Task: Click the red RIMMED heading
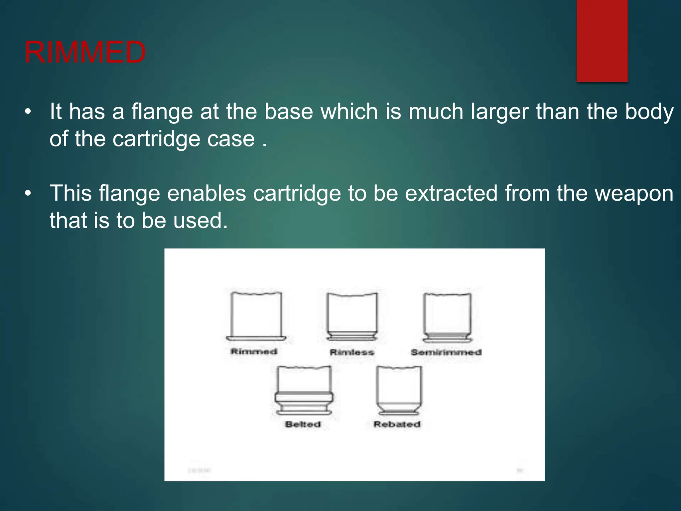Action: [x=85, y=53]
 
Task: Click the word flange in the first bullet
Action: [x=162, y=111]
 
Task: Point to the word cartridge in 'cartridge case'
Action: [x=156, y=139]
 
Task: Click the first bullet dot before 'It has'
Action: [x=28, y=112]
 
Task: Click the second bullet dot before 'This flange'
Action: [x=28, y=194]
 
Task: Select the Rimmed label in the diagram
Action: [x=254, y=351]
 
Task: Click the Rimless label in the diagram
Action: [x=352, y=352]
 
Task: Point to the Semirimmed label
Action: [x=446, y=352]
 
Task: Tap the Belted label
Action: [x=303, y=425]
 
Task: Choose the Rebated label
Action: [x=397, y=425]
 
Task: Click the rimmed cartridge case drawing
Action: [x=256, y=316]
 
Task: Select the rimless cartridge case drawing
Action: [x=352, y=316]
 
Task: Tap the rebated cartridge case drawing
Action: [x=399, y=389]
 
